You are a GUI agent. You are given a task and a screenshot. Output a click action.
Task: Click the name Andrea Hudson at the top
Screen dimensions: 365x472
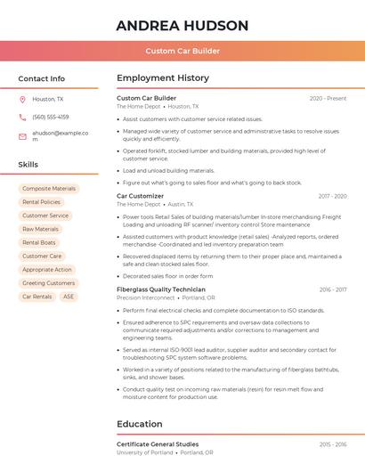click(x=182, y=25)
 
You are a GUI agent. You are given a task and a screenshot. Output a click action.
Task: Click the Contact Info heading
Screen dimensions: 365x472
click(x=42, y=78)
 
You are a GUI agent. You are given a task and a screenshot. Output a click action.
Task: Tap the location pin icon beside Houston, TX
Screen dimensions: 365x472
click(x=22, y=99)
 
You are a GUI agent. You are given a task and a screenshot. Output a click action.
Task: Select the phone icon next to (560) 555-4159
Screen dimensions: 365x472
click(x=22, y=117)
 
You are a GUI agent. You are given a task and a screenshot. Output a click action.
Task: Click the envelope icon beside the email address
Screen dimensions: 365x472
click(x=22, y=135)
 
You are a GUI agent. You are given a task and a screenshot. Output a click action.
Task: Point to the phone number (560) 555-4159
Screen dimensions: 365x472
click(x=51, y=117)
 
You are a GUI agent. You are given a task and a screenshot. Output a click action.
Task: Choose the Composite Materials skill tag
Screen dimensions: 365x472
click(x=49, y=189)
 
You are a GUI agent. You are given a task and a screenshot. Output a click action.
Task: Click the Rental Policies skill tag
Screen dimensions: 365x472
click(x=42, y=202)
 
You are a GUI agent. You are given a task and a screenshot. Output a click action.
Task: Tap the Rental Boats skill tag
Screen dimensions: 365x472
click(x=39, y=242)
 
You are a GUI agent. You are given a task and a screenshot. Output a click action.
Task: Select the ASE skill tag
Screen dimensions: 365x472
click(x=69, y=297)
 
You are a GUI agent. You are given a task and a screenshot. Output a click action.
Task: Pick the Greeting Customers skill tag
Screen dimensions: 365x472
click(x=48, y=283)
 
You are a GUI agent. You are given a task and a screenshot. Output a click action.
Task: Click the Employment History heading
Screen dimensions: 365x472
click(x=163, y=78)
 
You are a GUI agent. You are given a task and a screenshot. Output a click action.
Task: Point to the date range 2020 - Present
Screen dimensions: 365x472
click(x=328, y=98)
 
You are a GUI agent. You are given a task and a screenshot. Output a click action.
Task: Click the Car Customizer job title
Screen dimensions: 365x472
click(x=141, y=196)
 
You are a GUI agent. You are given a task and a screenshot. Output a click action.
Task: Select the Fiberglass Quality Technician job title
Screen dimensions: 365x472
click(x=161, y=289)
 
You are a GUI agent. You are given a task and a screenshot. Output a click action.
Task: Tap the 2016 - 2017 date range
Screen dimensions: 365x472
click(x=333, y=289)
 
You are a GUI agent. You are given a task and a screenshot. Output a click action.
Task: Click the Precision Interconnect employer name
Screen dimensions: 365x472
click(x=146, y=297)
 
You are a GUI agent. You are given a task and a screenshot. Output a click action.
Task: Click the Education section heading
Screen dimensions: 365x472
click(x=140, y=424)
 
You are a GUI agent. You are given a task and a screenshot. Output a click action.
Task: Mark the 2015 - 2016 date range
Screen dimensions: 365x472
click(x=333, y=444)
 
